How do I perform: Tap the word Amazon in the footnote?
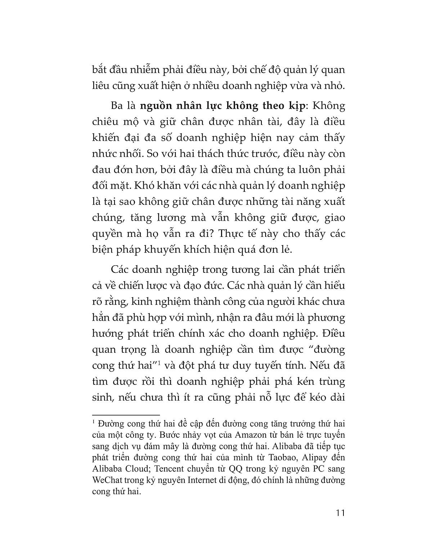(x=249, y=434)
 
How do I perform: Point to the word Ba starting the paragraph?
(x=118, y=107)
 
